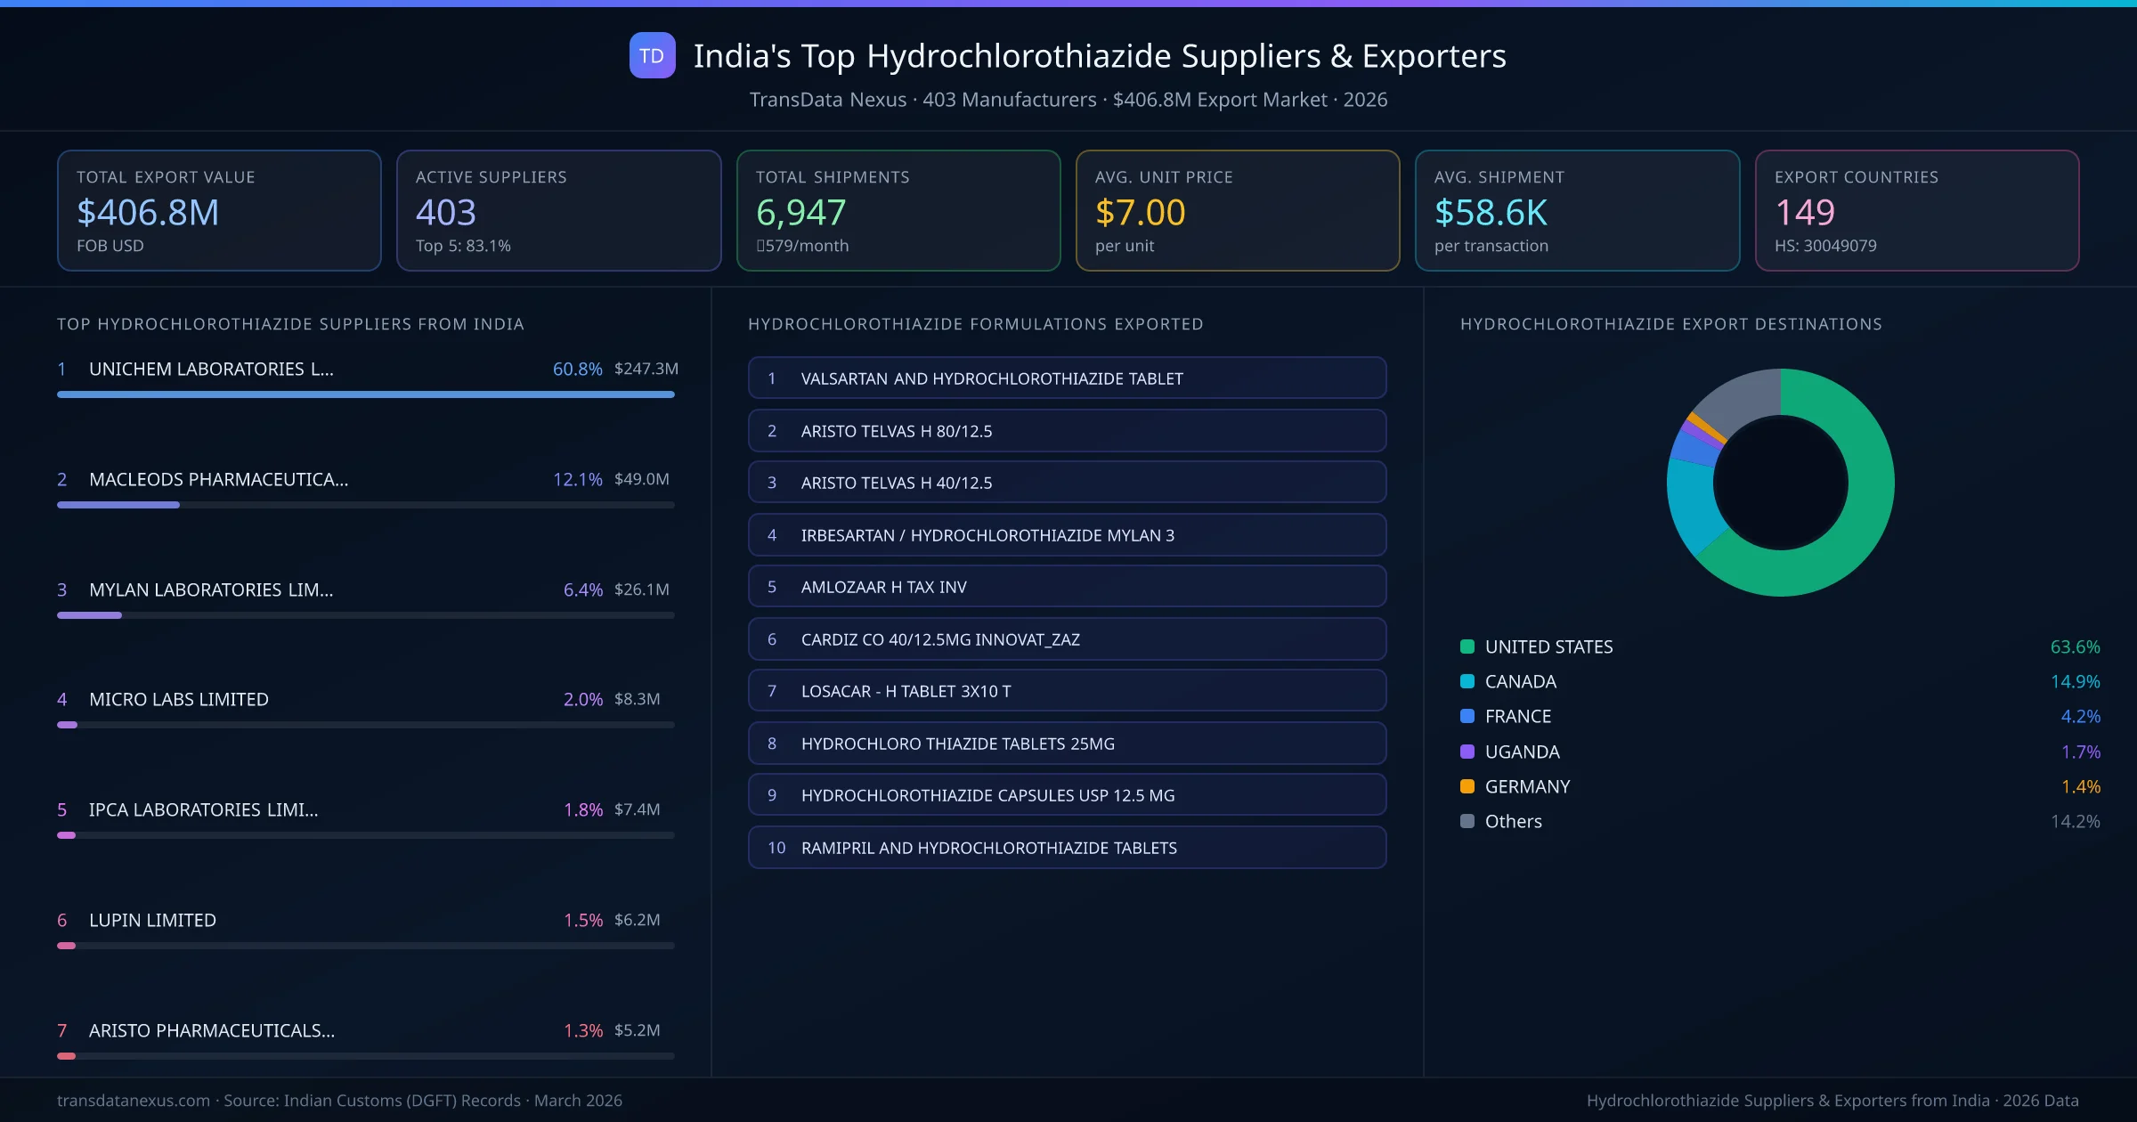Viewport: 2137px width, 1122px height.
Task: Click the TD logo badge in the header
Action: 652,55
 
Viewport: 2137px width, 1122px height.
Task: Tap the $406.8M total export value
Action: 148,212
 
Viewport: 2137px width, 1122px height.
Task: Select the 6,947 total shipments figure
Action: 800,212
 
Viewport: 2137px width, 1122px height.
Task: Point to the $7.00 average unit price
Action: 1140,212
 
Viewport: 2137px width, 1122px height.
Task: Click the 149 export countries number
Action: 1804,212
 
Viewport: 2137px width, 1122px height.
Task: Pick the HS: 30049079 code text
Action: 1824,246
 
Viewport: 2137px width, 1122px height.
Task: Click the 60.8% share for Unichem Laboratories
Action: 577,369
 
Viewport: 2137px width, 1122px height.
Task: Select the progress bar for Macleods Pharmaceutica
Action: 365,505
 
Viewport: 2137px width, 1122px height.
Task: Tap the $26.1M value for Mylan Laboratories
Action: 641,589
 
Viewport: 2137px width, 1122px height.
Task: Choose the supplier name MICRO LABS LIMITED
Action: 178,699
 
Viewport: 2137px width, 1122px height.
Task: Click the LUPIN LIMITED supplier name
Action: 152,920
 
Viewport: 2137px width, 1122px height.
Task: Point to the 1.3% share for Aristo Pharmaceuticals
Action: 582,1030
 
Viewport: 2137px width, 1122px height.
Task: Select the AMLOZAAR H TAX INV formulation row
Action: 1067,587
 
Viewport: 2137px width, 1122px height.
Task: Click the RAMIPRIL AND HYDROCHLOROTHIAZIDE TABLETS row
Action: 1067,848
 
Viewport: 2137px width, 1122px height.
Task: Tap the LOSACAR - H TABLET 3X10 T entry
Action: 1067,691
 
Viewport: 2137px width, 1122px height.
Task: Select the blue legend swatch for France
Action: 1467,716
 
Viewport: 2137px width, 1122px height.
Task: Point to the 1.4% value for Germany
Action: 2080,786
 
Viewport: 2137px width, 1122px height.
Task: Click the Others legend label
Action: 1513,821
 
